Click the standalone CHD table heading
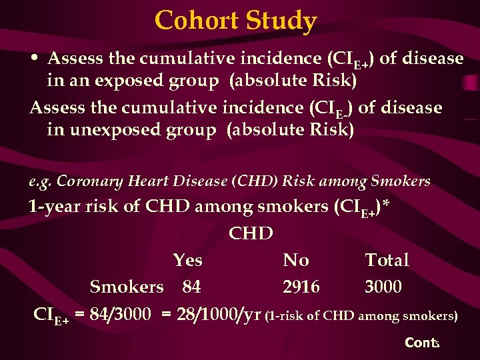click(x=251, y=233)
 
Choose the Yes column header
click(x=187, y=260)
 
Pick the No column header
click(x=295, y=260)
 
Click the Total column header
click(x=387, y=260)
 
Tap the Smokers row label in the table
click(x=127, y=287)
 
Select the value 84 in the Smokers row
click(x=191, y=287)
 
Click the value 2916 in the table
click(x=301, y=287)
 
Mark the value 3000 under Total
click(x=383, y=287)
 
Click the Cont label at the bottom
click(x=419, y=343)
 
